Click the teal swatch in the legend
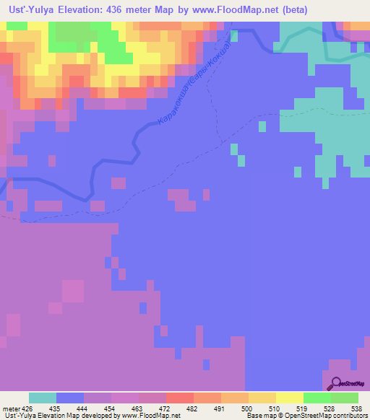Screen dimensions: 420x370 [43, 398]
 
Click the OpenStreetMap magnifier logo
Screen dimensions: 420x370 [334, 383]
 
